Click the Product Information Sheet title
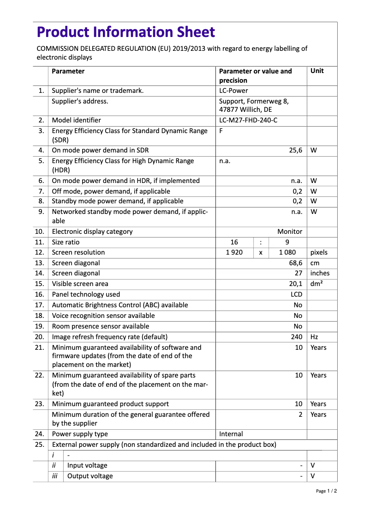125,32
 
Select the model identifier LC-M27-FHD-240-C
248,120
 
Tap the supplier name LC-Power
233,91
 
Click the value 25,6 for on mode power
295,150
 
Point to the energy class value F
221,131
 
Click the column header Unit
317,71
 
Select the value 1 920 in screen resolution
234,252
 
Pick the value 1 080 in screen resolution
287,252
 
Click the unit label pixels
319,252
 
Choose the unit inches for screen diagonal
320,273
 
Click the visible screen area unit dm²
316,284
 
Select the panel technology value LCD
296,294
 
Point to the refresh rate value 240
297,337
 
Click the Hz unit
314,337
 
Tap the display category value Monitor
290,232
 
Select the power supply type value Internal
231,434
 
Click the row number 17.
40,305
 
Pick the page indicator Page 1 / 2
326,491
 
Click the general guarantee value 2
300,414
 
